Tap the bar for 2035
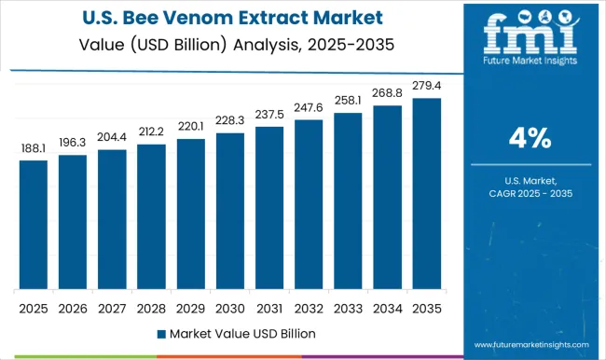(x=427, y=193)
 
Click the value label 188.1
(x=33, y=147)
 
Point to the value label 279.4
(x=427, y=86)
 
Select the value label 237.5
(x=269, y=115)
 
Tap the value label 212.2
(x=151, y=132)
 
